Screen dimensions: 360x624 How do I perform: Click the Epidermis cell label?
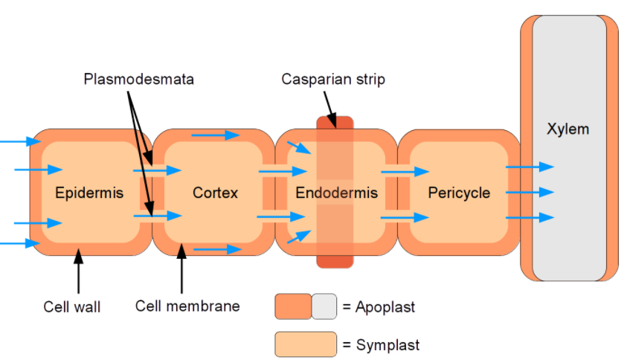89,193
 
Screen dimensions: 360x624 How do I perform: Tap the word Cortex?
215,193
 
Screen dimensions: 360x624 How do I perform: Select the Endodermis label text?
336,193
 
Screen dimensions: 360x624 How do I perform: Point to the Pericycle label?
459,193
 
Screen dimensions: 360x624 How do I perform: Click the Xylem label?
567,129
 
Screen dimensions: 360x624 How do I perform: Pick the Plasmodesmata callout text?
138,79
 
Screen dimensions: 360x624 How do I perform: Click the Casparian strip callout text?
333,79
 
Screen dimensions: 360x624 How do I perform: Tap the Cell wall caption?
72,306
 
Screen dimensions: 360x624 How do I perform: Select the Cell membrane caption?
187,306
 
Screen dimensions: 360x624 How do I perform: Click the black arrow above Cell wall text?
79,271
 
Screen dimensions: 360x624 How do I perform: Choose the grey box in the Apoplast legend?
324,306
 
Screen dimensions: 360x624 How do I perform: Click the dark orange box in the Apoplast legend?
292,306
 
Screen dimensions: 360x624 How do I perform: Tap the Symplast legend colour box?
306,344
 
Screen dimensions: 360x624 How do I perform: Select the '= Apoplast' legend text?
379,306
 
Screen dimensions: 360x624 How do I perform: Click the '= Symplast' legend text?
381,345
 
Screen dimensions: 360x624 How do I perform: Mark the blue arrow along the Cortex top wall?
215,135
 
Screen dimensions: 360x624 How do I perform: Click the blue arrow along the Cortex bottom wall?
217,250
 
